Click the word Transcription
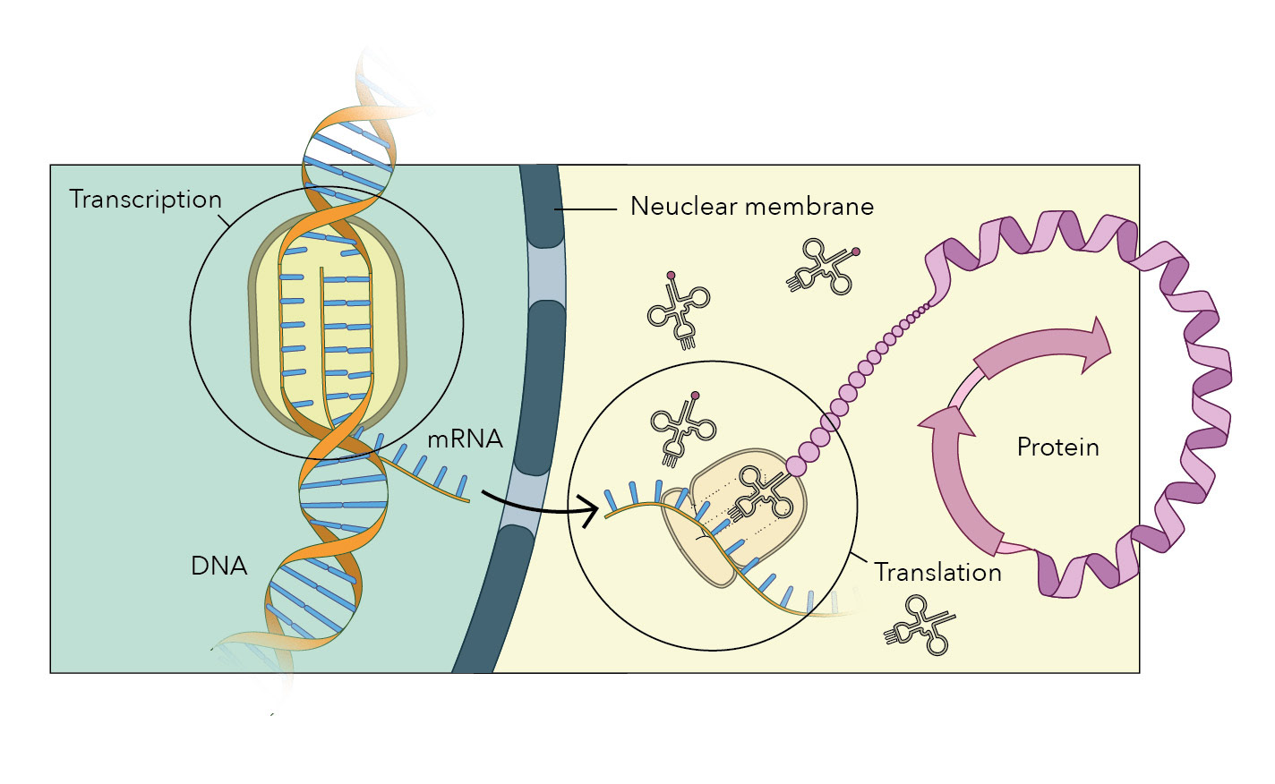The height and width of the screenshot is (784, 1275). click(x=145, y=200)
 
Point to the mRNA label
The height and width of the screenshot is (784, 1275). click(x=465, y=439)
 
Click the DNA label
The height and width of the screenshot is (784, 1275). click(x=218, y=566)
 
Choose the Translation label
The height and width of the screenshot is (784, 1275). click(x=937, y=573)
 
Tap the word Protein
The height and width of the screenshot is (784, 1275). click(x=1057, y=447)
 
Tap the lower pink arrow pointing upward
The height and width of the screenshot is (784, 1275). click(x=958, y=474)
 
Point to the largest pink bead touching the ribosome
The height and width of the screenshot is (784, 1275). click(x=796, y=465)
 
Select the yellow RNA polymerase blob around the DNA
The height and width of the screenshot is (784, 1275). click(x=327, y=322)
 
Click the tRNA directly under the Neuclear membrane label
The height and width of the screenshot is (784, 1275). click(x=819, y=268)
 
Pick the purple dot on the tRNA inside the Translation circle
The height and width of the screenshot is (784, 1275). click(x=695, y=395)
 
